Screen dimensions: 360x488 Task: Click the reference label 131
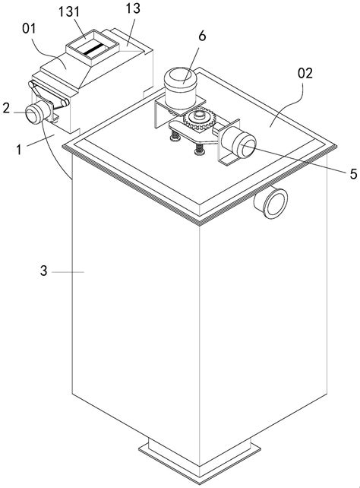tap(69, 12)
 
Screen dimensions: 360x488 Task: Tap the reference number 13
tap(133, 8)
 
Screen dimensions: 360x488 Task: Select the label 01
tap(29, 29)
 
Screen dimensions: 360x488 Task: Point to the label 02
tap(305, 74)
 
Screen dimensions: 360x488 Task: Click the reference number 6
tap(202, 36)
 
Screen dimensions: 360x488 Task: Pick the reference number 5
tap(353, 174)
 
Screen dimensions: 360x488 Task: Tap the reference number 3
tap(44, 271)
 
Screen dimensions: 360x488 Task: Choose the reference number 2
tap(6, 108)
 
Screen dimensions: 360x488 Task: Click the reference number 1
tap(19, 150)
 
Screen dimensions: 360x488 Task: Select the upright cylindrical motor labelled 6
tap(180, 88)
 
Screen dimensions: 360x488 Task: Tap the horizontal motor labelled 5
tap(238, 144)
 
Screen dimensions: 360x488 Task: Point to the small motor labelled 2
tap(38, 112)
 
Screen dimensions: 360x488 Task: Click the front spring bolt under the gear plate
tap(198, 147)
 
